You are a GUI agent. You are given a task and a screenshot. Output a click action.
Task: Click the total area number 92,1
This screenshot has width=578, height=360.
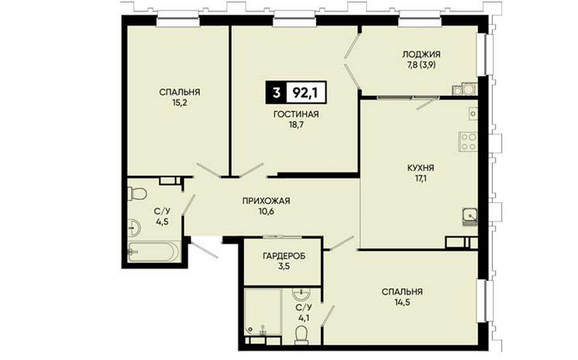point(305,92)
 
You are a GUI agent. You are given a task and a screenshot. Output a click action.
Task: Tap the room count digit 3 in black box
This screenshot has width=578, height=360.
point(276,92)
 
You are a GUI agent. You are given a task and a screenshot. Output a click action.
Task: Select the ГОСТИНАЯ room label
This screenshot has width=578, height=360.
point(296,115)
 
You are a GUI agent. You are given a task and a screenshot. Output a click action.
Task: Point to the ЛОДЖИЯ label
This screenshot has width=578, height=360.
point(421,54)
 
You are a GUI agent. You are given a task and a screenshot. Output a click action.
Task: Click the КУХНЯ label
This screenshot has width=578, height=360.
point(421,168)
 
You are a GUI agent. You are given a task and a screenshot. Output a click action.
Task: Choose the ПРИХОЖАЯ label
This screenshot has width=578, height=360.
point(266,200)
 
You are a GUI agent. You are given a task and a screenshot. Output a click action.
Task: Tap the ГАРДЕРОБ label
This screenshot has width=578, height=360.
point(284,256)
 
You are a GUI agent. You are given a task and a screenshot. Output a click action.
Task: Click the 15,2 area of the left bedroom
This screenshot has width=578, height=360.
point(179,103)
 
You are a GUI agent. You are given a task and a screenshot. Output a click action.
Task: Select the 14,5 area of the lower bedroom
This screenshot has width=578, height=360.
point(402,303)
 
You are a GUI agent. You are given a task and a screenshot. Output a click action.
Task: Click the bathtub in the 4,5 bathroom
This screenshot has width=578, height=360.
point(154,251)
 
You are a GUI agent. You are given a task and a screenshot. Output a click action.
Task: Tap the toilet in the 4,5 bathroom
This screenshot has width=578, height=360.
point(137,193)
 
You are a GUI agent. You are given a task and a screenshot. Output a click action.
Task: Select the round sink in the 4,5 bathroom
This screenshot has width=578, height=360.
point(133,227)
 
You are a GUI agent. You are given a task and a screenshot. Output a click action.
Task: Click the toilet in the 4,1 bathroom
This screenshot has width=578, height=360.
point(302,334)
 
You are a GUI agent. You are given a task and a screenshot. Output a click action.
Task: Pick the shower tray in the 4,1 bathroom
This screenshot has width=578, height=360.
point(263,312)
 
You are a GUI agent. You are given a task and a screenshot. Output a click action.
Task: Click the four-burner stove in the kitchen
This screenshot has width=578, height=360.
point(468,142)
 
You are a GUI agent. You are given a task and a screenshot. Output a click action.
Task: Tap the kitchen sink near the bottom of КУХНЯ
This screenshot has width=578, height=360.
point(470,215)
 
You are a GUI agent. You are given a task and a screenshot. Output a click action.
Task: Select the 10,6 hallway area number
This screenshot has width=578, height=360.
point(266,212)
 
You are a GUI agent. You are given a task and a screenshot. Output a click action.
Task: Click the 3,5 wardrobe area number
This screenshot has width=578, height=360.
point(284,266)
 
